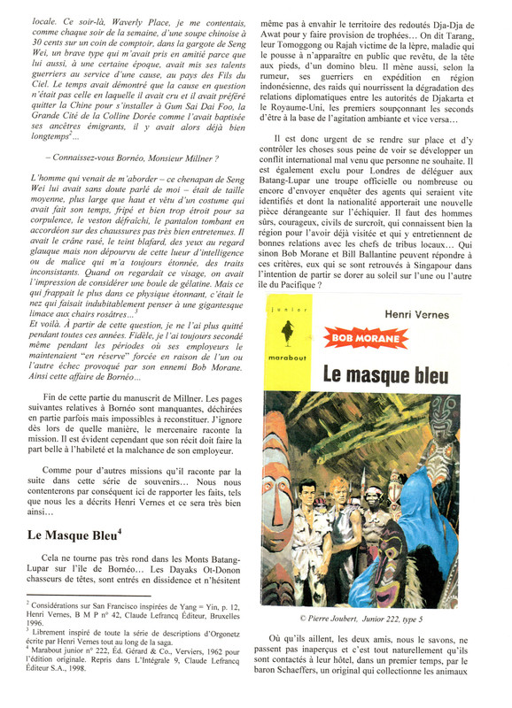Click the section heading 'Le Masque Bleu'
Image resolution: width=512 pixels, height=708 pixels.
[74, 534]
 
